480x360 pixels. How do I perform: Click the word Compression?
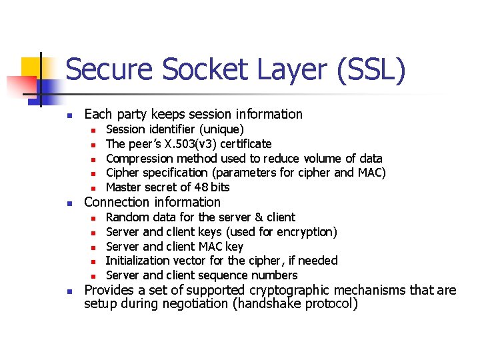pyautogui.click(x=139, y=159)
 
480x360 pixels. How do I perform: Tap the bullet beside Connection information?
pyautogui.click(x=69, y=203)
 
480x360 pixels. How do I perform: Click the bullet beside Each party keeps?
pyautogui.click(x=69, y=115)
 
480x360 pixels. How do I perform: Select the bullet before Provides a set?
pyautogui.click(x=69, y=291)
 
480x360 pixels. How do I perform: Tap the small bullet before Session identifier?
pyautogui.click(x=94, y=129)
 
